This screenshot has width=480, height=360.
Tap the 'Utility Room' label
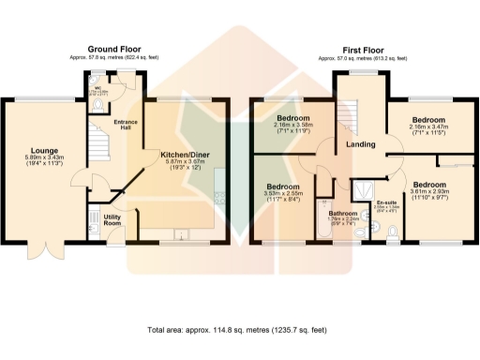point(112,221)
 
